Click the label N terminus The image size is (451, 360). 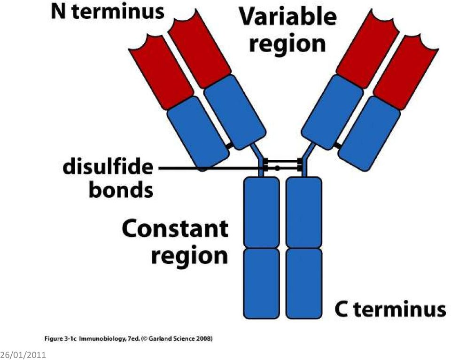point(108,12)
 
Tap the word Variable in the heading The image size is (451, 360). point(288,17)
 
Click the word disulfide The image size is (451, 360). point(108,167)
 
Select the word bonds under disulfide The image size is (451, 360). point(121,190)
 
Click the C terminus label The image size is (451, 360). point(390,309)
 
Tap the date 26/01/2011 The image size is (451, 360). point(23,354)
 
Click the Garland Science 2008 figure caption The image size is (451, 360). point(129,338)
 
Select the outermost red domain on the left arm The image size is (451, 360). point(161,72)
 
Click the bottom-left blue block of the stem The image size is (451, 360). point(262,283)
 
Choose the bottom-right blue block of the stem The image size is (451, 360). point(304,283)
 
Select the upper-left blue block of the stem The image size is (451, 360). point(262,212)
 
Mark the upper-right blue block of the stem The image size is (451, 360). point(304,212)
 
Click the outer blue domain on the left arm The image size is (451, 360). point(198,133)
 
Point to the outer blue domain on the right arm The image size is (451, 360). point(369,133)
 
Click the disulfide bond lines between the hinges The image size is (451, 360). point(283,164)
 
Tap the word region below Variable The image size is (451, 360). point(288,45)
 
